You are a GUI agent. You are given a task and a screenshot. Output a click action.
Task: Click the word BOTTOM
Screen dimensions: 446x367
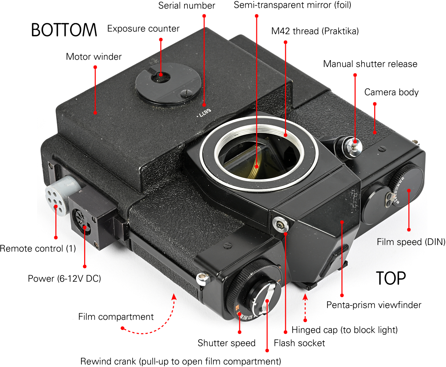[64, 30]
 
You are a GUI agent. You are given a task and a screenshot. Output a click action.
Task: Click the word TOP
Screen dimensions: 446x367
[391, 278]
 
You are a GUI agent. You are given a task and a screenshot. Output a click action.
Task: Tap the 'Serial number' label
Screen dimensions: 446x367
[187, 6]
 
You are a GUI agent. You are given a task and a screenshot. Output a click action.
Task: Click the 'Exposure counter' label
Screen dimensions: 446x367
[143, 29]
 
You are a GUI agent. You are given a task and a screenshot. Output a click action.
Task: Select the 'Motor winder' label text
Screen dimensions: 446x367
[94, 57]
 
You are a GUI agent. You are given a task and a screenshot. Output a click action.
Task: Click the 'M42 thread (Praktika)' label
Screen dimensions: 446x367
[315, 31]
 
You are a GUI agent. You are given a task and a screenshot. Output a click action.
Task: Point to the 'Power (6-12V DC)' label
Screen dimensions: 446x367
[64, 278]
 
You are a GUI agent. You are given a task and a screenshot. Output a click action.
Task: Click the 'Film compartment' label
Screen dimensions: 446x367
[116, 317]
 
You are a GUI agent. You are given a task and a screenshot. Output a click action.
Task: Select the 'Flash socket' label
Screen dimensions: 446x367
[299, 343]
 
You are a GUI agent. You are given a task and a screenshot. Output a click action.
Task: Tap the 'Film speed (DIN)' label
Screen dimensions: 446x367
[411, 242]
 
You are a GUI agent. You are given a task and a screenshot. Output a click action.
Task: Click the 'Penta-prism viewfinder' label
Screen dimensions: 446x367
[374, 305]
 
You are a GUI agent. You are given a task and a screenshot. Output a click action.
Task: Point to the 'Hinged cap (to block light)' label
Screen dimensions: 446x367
[345, 330]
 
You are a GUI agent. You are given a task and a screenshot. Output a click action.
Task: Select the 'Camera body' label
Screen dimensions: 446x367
[391, 92]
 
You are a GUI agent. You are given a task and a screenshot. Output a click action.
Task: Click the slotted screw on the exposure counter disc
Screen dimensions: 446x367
[186, 93]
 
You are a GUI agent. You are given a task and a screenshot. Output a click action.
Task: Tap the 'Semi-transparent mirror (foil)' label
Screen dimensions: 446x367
[292, 5]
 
